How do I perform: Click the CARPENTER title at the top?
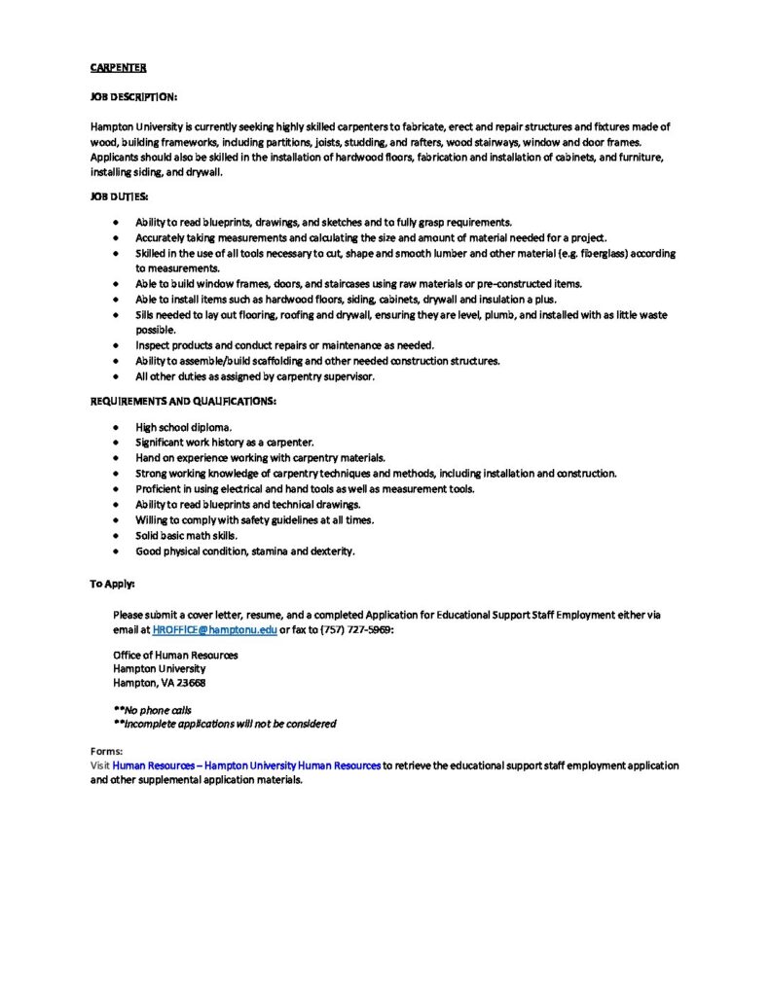[118, 68]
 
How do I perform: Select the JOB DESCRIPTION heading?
[133, 98]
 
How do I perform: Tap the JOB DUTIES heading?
[120, 196]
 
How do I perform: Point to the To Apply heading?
[113, 584]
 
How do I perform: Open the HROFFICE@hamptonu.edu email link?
[215, 630]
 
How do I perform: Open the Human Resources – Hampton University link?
[246, 766]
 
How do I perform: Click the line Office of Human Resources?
[175, 655]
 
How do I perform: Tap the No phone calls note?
[154, 710]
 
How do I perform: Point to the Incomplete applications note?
[226, 724]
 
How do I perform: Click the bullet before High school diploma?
[115, 427]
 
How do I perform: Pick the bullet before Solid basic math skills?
[115, 536]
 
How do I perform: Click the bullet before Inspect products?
[115, 345]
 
